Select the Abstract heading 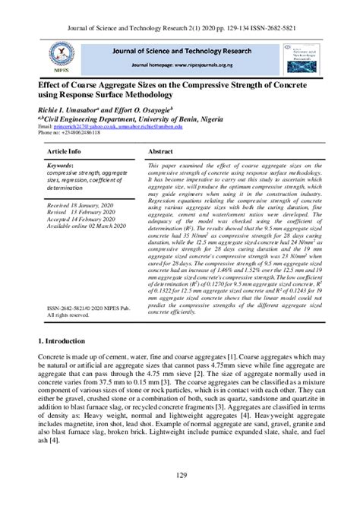(163, 152)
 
